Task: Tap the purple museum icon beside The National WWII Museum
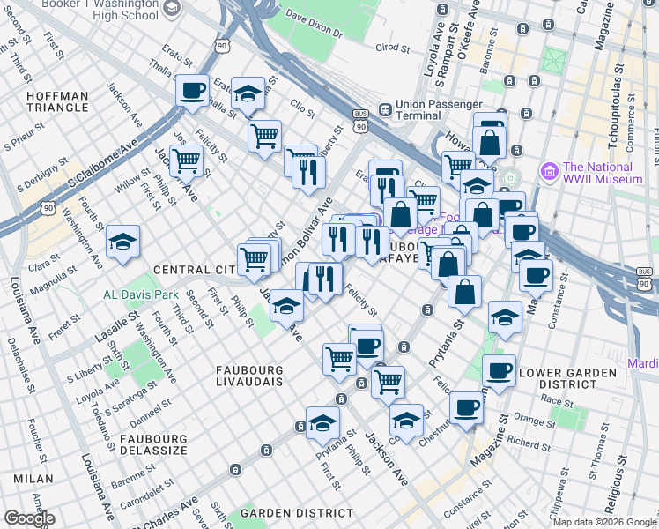point(550,169)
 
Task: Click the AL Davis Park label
point(140,294)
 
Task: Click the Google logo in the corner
point(29,518)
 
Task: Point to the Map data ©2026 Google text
point(603,522)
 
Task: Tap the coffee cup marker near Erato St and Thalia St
point(192,89)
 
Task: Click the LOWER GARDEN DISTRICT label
point(567,378)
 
